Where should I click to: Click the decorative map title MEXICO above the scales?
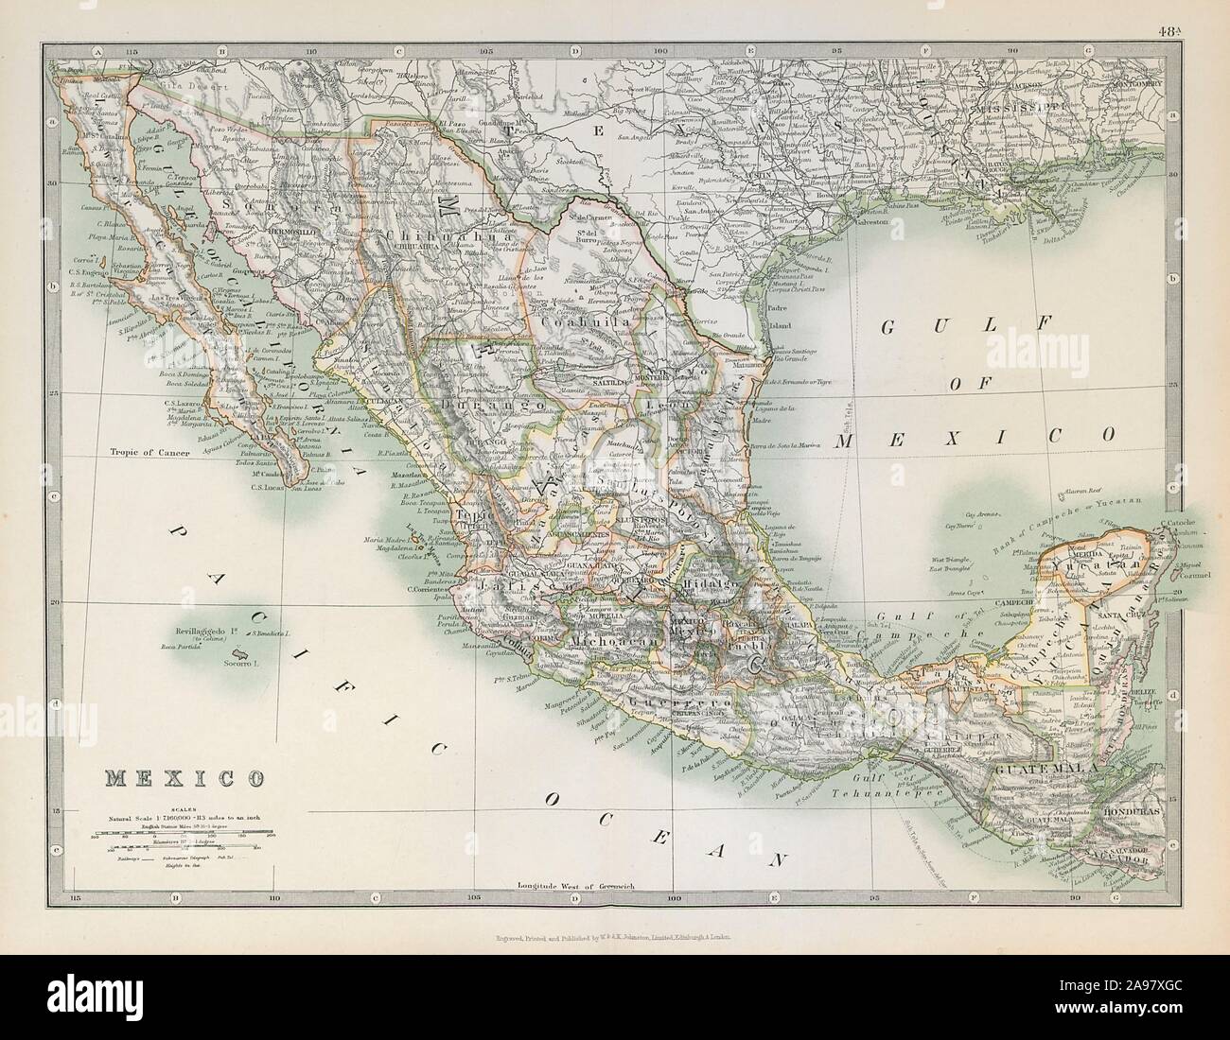pos(184,779)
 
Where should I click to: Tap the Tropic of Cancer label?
pos(149,453)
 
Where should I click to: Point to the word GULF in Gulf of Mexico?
pos(940,327)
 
